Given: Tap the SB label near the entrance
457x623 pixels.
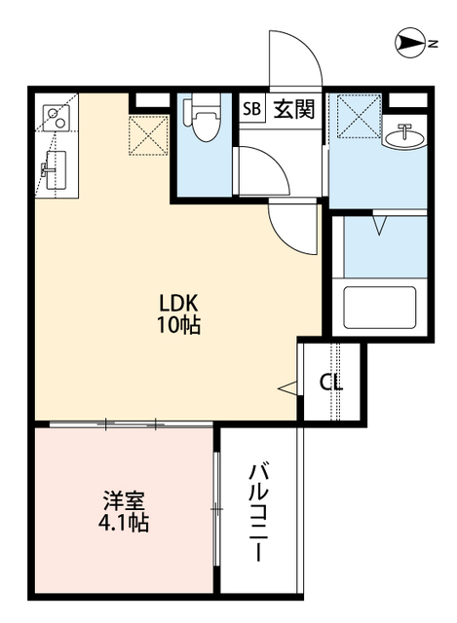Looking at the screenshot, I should point(252,109).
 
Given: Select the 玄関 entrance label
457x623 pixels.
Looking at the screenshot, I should point(293,109).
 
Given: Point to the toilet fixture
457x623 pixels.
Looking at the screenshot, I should point(206,122).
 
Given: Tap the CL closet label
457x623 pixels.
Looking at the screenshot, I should point(331,383).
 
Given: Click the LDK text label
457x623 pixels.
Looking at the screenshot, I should point(179,302).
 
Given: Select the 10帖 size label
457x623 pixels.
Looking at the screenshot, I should point(179,326).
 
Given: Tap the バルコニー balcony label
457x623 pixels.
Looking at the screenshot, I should point(259,512).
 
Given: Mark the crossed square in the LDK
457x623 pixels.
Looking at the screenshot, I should point(149,135).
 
